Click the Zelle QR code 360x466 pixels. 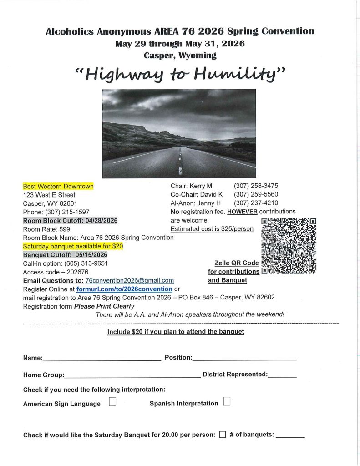click(x=289, y=246)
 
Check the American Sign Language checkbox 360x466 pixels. click(x=113, y=402)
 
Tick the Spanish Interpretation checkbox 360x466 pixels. click(x=227, y=401)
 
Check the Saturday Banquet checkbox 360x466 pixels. click(x=223, y=434)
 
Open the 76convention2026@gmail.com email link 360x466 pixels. click(x=130, y=280)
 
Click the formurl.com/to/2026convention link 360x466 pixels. click(x=124, y=289)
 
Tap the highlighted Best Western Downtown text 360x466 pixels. click(x=58, y=186)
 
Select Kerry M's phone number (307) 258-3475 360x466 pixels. click(x=256, y=186)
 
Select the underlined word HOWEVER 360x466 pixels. click(x=243, y=212)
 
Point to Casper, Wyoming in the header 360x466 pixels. click(x=180, y=56)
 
